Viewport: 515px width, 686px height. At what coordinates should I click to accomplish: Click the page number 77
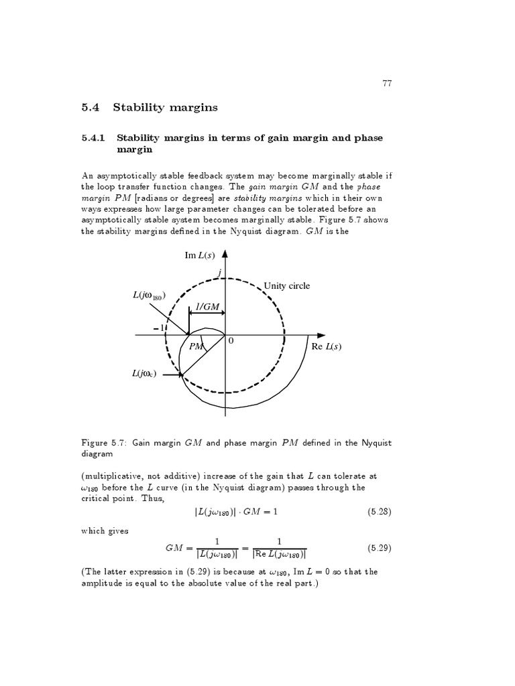click(x=387, y=84)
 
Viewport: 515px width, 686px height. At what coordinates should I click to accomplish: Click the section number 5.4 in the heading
click(x=89, y=107)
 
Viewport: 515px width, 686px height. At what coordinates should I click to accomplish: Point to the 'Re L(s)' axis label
click(x=327, y=346)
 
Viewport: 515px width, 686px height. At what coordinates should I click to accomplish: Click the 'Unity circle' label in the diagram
click(x=287, y=286)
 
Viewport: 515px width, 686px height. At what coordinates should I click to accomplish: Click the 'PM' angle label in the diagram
click(x=196, y=346)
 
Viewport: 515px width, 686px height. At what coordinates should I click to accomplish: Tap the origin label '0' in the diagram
click(x=231, y=341)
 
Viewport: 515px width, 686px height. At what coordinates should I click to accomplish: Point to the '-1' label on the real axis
click(x=158, y=328)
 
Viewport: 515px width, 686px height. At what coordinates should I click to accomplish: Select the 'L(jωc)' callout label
click(x=144, y=374)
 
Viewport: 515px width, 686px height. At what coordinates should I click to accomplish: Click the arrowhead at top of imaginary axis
click(x=225, y=255)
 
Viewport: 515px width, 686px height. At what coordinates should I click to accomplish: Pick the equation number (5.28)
click(x=380, y=512)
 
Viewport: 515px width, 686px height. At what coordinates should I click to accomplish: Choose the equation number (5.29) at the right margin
click(x=380, y=548)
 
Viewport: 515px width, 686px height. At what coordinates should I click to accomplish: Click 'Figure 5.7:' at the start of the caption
click(x=104, y=443)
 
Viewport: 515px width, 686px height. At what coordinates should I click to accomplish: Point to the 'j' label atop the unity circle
click(x=219, y=272)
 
